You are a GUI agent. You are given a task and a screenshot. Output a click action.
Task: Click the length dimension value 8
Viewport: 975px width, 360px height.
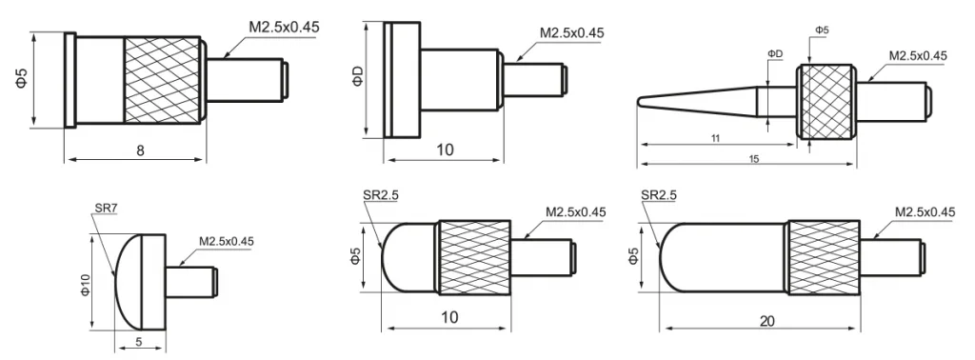(141, 150)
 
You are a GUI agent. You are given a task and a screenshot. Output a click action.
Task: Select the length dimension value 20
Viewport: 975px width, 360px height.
(766, 321)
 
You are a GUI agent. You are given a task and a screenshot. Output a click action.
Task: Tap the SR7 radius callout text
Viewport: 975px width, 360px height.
(107, 209)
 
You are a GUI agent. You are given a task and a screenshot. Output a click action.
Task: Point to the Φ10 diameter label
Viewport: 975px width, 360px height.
(85, 285)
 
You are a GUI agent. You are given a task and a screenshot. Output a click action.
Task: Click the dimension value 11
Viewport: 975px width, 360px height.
(715, 139)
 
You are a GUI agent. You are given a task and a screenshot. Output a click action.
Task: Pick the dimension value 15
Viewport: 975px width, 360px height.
(754, 159)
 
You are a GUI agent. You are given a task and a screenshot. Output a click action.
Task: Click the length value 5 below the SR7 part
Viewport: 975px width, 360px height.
(139, 341)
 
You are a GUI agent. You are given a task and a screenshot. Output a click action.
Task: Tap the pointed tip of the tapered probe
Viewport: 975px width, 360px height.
(638, 103)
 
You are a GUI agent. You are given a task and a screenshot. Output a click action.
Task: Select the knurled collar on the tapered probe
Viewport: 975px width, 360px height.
(826, 102)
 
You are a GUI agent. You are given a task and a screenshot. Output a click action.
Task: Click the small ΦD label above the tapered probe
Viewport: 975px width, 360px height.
(775, 54)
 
